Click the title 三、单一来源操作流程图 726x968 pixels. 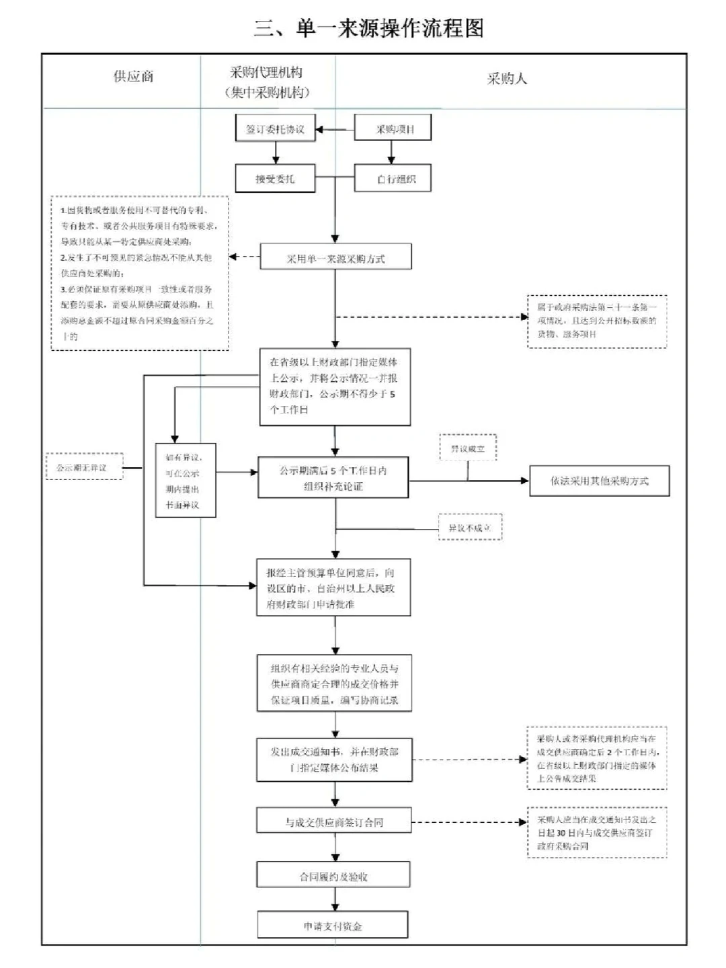click(x=368, y=28)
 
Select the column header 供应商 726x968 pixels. click(x=133, y=77)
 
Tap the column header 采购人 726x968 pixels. click(x=507, y=79)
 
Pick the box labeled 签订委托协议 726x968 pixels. click(x=276, y=129)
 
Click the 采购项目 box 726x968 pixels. click(x=393, y=129)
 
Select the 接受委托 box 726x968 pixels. click(x=276, y=179)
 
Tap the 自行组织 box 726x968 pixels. click(x=393, y=179)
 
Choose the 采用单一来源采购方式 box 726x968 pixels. click(x=335, y=258)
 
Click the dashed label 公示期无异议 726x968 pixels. click(x=84, y=467)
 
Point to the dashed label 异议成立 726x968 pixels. click(x=468, y=448)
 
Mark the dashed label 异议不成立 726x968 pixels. click(x=469, y=528)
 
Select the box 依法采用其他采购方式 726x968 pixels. click(x=599, y=481)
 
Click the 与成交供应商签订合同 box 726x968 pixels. click(x=334, y=822)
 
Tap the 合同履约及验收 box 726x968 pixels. click(x=333, y=877)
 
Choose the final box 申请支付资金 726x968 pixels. click(x=333, y=926)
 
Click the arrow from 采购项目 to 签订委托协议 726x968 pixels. click(x=335, y=129)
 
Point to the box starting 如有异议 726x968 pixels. click(x=185, y=481)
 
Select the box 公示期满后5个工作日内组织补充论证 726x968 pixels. click(x=333, y=478)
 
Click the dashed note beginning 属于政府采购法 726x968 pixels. click(x=597, y=321)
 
